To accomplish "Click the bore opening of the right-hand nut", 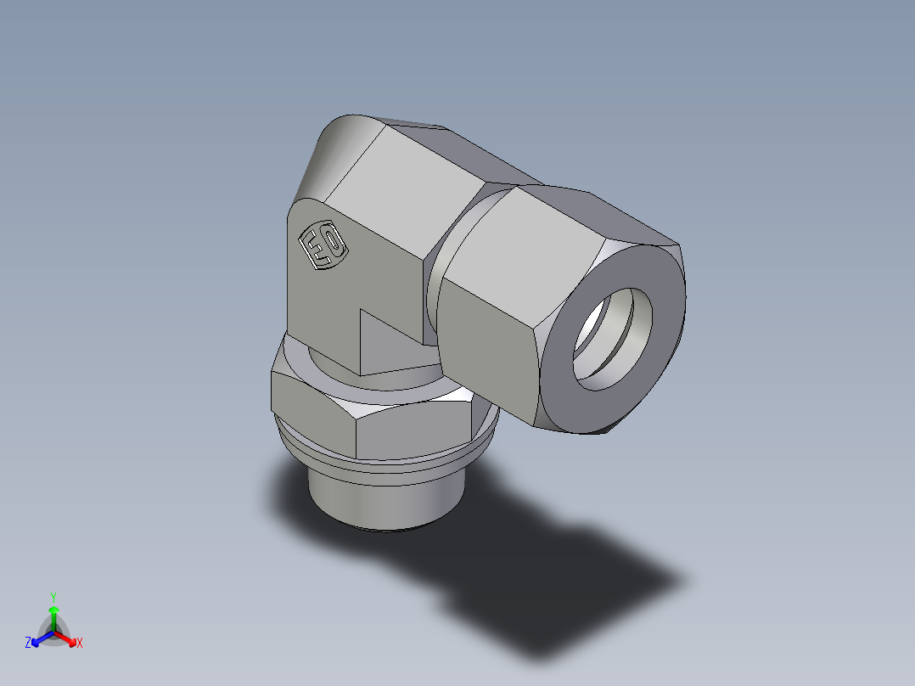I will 614,340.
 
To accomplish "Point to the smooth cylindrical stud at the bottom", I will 386,505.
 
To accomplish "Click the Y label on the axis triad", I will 53,596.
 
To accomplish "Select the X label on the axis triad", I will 80,644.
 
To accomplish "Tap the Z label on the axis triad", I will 28,644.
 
